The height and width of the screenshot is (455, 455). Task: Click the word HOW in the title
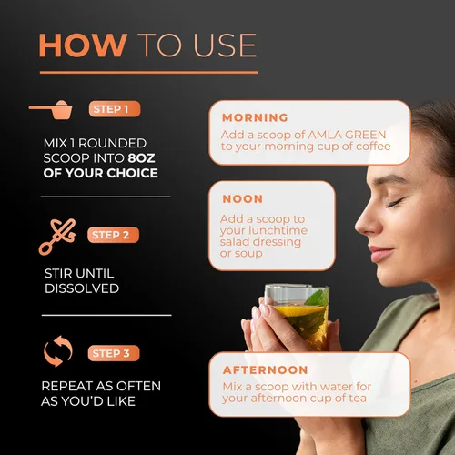(x=83, y=45)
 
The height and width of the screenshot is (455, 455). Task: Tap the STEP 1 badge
(x=115, y=109)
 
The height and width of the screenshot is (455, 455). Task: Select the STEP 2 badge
(x=113, y=235)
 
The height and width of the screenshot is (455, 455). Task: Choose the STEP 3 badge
(x=114, y=353)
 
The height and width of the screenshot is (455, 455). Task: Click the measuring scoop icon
(x=52, y=109)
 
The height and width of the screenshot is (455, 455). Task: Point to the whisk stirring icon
(x=57, y=237)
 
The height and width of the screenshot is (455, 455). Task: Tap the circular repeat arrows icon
(x=58, y=351)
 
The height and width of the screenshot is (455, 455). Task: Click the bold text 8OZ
(x=141, y=158)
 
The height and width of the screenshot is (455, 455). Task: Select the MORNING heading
(x=255, y=117)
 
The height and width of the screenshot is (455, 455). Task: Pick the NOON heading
(x=243, y=199)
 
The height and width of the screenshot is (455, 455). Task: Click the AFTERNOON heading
(x=266, y=370)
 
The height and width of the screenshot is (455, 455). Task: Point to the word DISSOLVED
(x=82, y=288)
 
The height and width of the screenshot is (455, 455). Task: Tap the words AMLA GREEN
(x=347, y=135)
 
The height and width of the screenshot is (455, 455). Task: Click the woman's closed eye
(x=394, y=203)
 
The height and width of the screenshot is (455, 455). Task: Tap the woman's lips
(x=380, y=254)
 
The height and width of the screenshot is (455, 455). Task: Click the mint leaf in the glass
(x=318, y=298)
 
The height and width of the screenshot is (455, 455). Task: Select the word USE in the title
(x=225, y=45)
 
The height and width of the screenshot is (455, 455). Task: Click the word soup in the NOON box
(x=248, y=254)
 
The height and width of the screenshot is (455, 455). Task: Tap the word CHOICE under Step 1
(x=132, y=173)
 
